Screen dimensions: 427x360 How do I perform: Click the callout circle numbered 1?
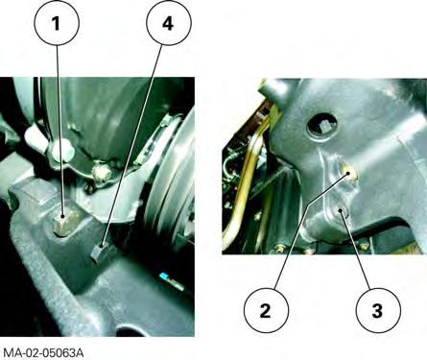coord(57,23)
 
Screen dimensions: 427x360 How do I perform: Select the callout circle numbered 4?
coord(169,23)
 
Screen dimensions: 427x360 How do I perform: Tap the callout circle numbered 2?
coord(266,310)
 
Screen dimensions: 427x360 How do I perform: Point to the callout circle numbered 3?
coord(378,310)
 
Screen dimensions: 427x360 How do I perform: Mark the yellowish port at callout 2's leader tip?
coord(349,174)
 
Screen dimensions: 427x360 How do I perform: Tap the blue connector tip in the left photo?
coord(165,276)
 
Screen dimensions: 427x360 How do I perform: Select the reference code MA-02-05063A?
coord(44,353)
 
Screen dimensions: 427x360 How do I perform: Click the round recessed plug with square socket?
coord(321,125)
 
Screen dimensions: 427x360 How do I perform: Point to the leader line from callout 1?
coord(59,131)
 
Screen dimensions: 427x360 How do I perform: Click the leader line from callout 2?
coord(312,230)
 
